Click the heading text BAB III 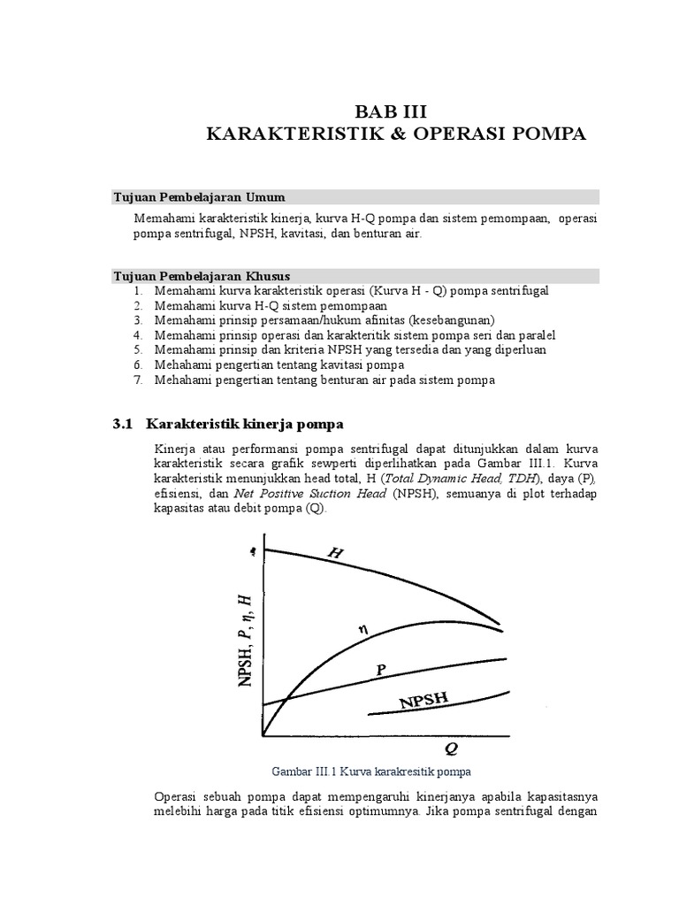390,111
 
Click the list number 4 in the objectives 138,335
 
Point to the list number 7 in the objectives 138,380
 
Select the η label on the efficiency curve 362,630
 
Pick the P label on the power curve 381,670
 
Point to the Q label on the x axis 451,749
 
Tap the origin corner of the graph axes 263,734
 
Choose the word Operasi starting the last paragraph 179,795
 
